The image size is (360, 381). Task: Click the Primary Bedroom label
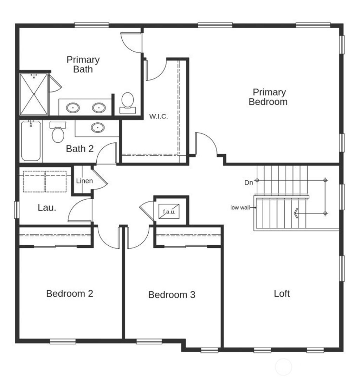pyautogui.click(x=268, y=97)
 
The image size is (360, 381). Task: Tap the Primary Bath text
pyautogui.click(x=83, y=64)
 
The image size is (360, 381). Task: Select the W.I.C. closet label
pyautogui.click(x=159, y=116)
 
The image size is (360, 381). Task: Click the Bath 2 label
pyautogui.click(x=80, y=149)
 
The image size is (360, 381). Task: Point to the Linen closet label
pyautogui.click(x=84, y=181)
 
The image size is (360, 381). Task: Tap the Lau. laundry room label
pyautogui.click(x=47, y=208)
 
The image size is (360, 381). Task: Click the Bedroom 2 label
pyautogui.click(x=70, y=293)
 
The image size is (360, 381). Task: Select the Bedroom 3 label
pyautogui.click(x=172, y=295)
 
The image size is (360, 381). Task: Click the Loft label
pyautogui.click(x=282, y=293)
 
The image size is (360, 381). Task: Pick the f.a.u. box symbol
pyautogui.click(x=169, y=212)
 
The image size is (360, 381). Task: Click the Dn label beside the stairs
pyautogui.click(x=249, y=183)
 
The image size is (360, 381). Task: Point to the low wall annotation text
pyautogui.click(x=240, y=208)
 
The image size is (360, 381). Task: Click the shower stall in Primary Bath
pyautogui.click(x=34, y=94)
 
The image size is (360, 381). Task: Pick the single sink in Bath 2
pyautogui.click(x=97, y=128)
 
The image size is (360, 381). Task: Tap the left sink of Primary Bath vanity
pyautogui.click(x=73, y=107)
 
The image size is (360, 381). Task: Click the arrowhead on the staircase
pyautogui.click(x=296, y=213)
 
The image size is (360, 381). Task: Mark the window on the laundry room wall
pyautogui.click(x=16, y=210)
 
